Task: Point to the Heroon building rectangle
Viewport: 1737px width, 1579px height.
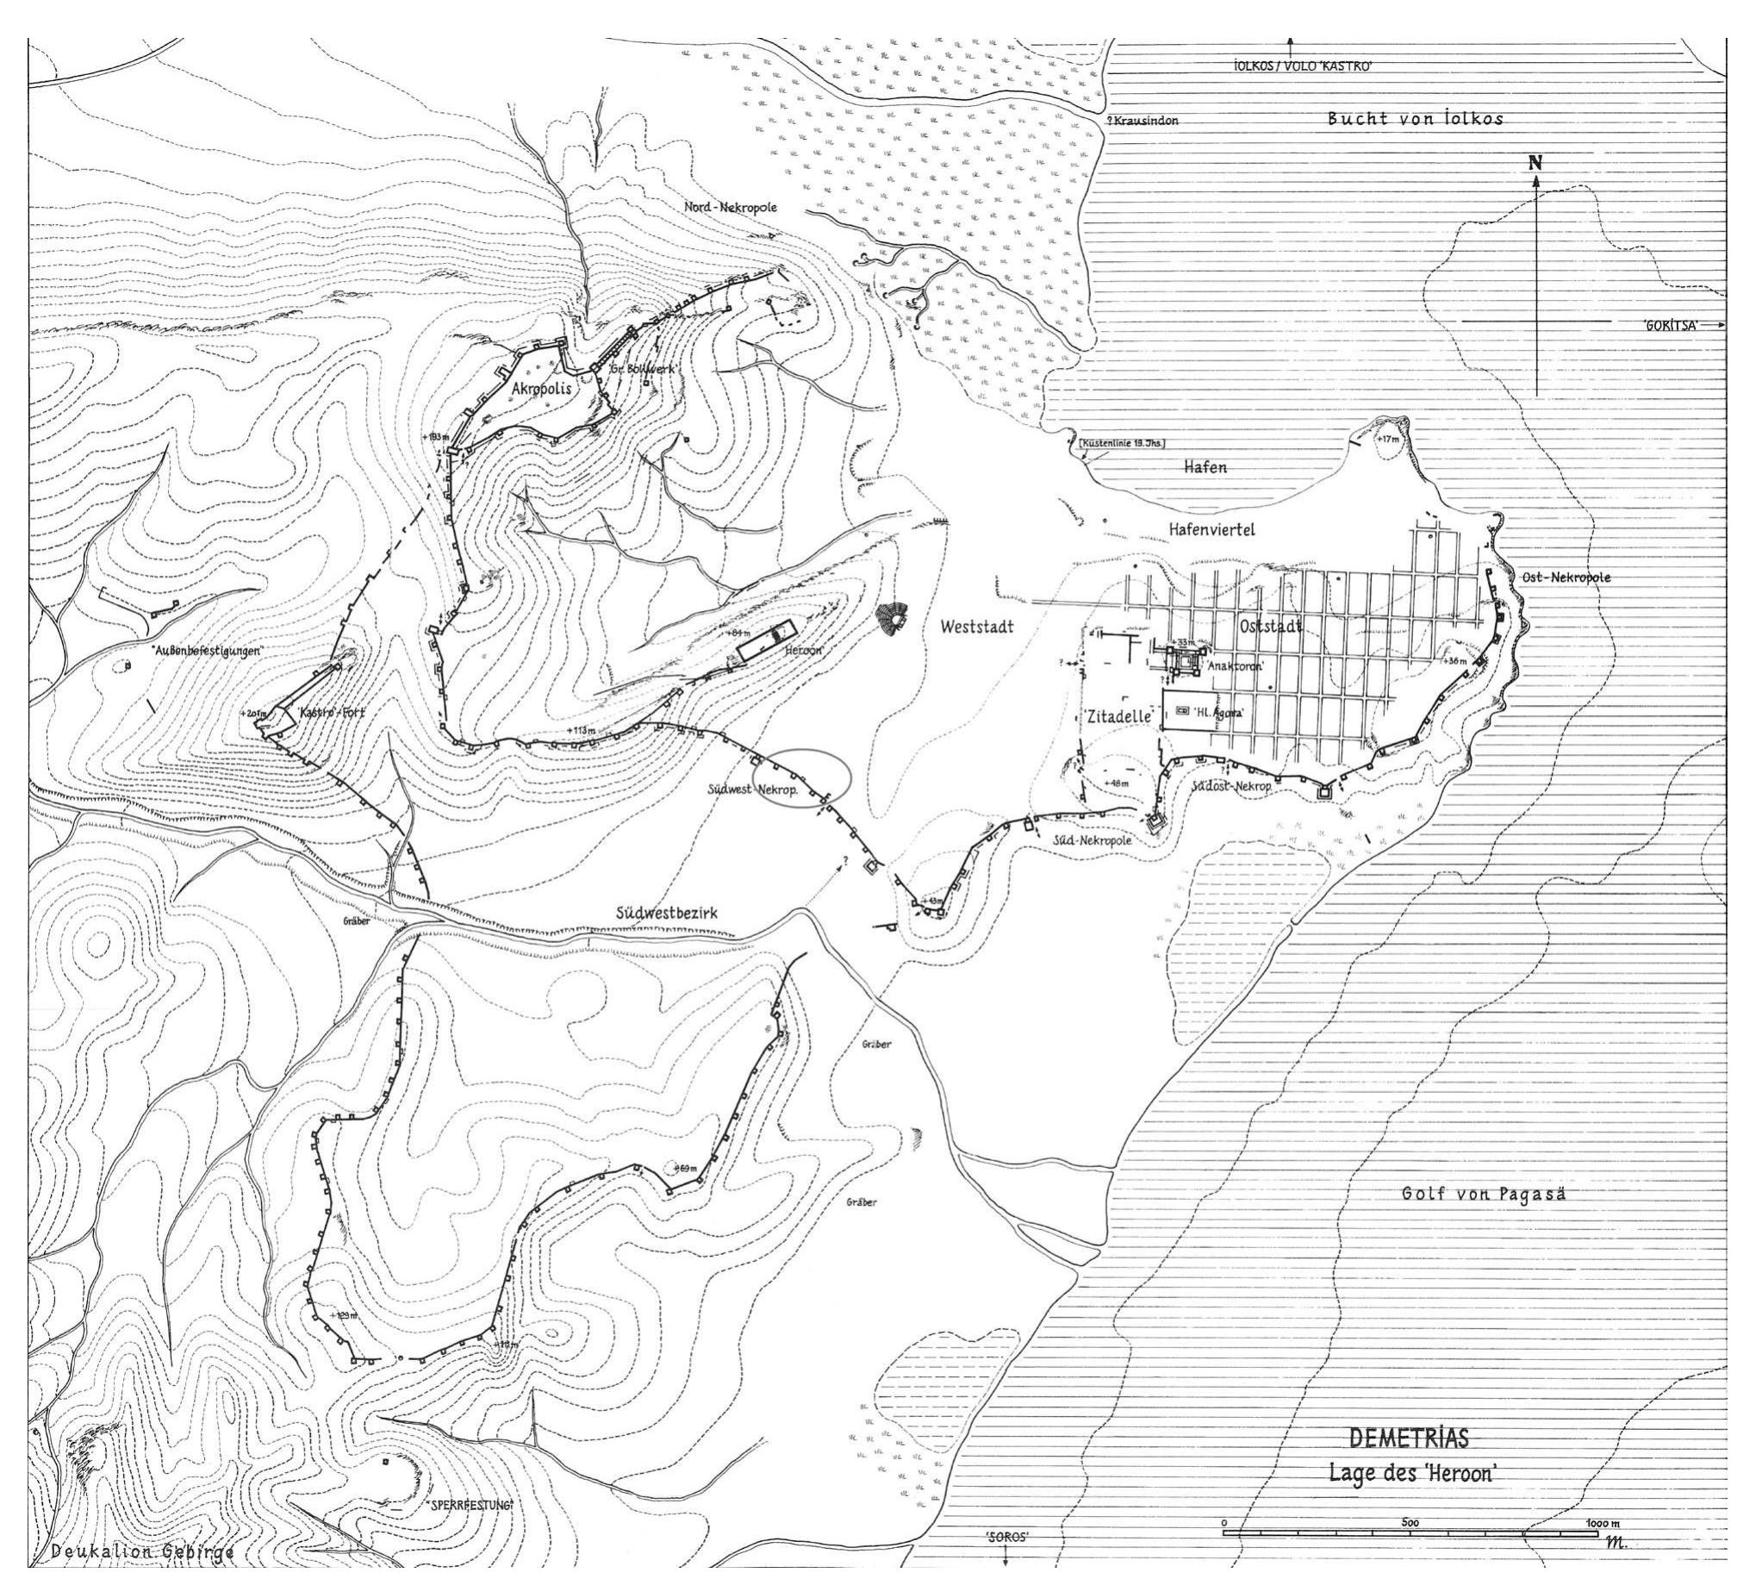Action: click(763, 640)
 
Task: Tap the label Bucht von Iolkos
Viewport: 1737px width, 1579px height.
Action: click(1416, 119)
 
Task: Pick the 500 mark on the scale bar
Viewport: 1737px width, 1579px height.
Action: click(1410, 1522)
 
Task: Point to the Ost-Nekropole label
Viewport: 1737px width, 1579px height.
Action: click(1566, 577)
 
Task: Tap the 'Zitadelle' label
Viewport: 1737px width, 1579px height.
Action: click(1112, 715)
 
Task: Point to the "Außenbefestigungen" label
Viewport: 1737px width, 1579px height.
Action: click(194, 652)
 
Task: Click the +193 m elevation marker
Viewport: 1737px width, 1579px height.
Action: click(436, 437)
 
